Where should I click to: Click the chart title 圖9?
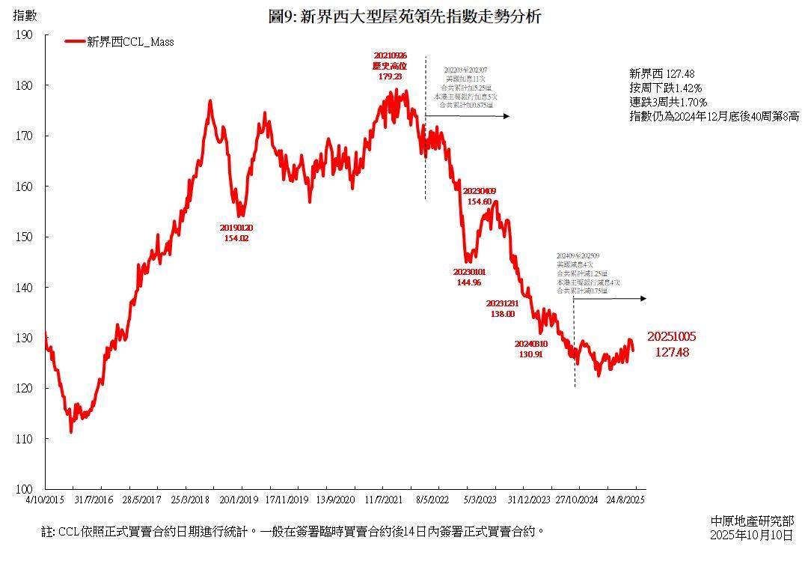tap(404, 16)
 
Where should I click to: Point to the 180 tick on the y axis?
tap(25, 85)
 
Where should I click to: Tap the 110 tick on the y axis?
tap(25, 438)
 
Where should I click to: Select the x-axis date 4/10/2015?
tap(45, 499)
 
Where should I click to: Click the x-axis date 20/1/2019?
tap(239, 499)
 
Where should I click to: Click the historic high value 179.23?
tap(390, 76)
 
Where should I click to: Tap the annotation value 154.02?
tap(236, 238)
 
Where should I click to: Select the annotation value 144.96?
tap(469, 282)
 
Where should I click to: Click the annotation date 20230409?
tap(480, 192)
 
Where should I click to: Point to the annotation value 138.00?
tap(502, 314)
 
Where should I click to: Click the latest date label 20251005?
tap(672, 337)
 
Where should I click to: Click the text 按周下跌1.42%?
tap(666, 88)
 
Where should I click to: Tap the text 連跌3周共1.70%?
tap(668, 102)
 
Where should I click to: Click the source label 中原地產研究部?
tap(752, 521)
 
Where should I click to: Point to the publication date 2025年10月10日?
tap(751, 535)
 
